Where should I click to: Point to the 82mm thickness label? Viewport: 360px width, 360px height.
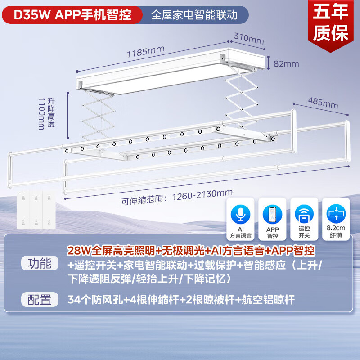286,64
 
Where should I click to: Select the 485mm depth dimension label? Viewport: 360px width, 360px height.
323,103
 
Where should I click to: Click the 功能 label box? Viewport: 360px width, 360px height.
40,263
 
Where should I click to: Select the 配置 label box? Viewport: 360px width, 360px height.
40,299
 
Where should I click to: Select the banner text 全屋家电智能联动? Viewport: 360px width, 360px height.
193,15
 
